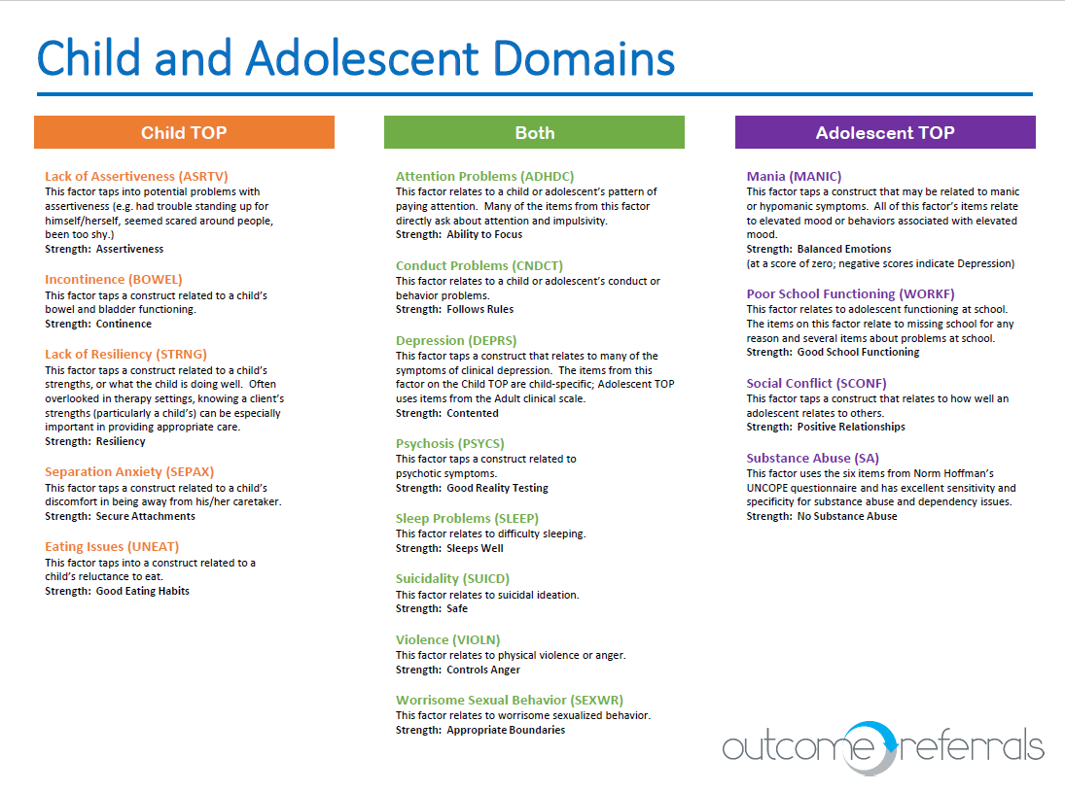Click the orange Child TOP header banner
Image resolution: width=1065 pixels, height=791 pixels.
coord(184,132)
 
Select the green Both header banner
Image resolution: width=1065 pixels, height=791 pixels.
coord(534,132)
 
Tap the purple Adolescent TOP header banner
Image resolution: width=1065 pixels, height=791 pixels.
coord(885,132)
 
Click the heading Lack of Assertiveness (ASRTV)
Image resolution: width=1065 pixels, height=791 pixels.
coord(136,176)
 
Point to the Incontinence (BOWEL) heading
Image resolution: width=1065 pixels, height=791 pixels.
coord(114,279)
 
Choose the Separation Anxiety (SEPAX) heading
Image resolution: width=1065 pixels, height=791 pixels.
coord(129,471)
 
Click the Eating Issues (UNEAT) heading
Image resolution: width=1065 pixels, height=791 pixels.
coord(112,546)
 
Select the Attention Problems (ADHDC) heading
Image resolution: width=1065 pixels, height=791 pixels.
coord(485,176)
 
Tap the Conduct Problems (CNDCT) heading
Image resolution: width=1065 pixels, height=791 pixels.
coord(479,265)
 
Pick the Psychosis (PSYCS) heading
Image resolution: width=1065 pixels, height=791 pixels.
coord(450,443)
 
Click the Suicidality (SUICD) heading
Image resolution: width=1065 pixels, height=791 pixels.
coord(453,578)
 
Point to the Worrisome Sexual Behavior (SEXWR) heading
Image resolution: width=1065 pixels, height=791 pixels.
coord(510,700)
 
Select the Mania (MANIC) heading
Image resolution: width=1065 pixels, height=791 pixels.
coord(795,176)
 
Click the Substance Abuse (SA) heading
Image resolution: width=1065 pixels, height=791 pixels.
coord(813,458)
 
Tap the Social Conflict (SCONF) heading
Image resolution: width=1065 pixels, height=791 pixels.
coord(817,383)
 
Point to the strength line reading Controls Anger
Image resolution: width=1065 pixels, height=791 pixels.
coord(458,670)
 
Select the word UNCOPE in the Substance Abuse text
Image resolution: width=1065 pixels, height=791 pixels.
coord(772,488)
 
